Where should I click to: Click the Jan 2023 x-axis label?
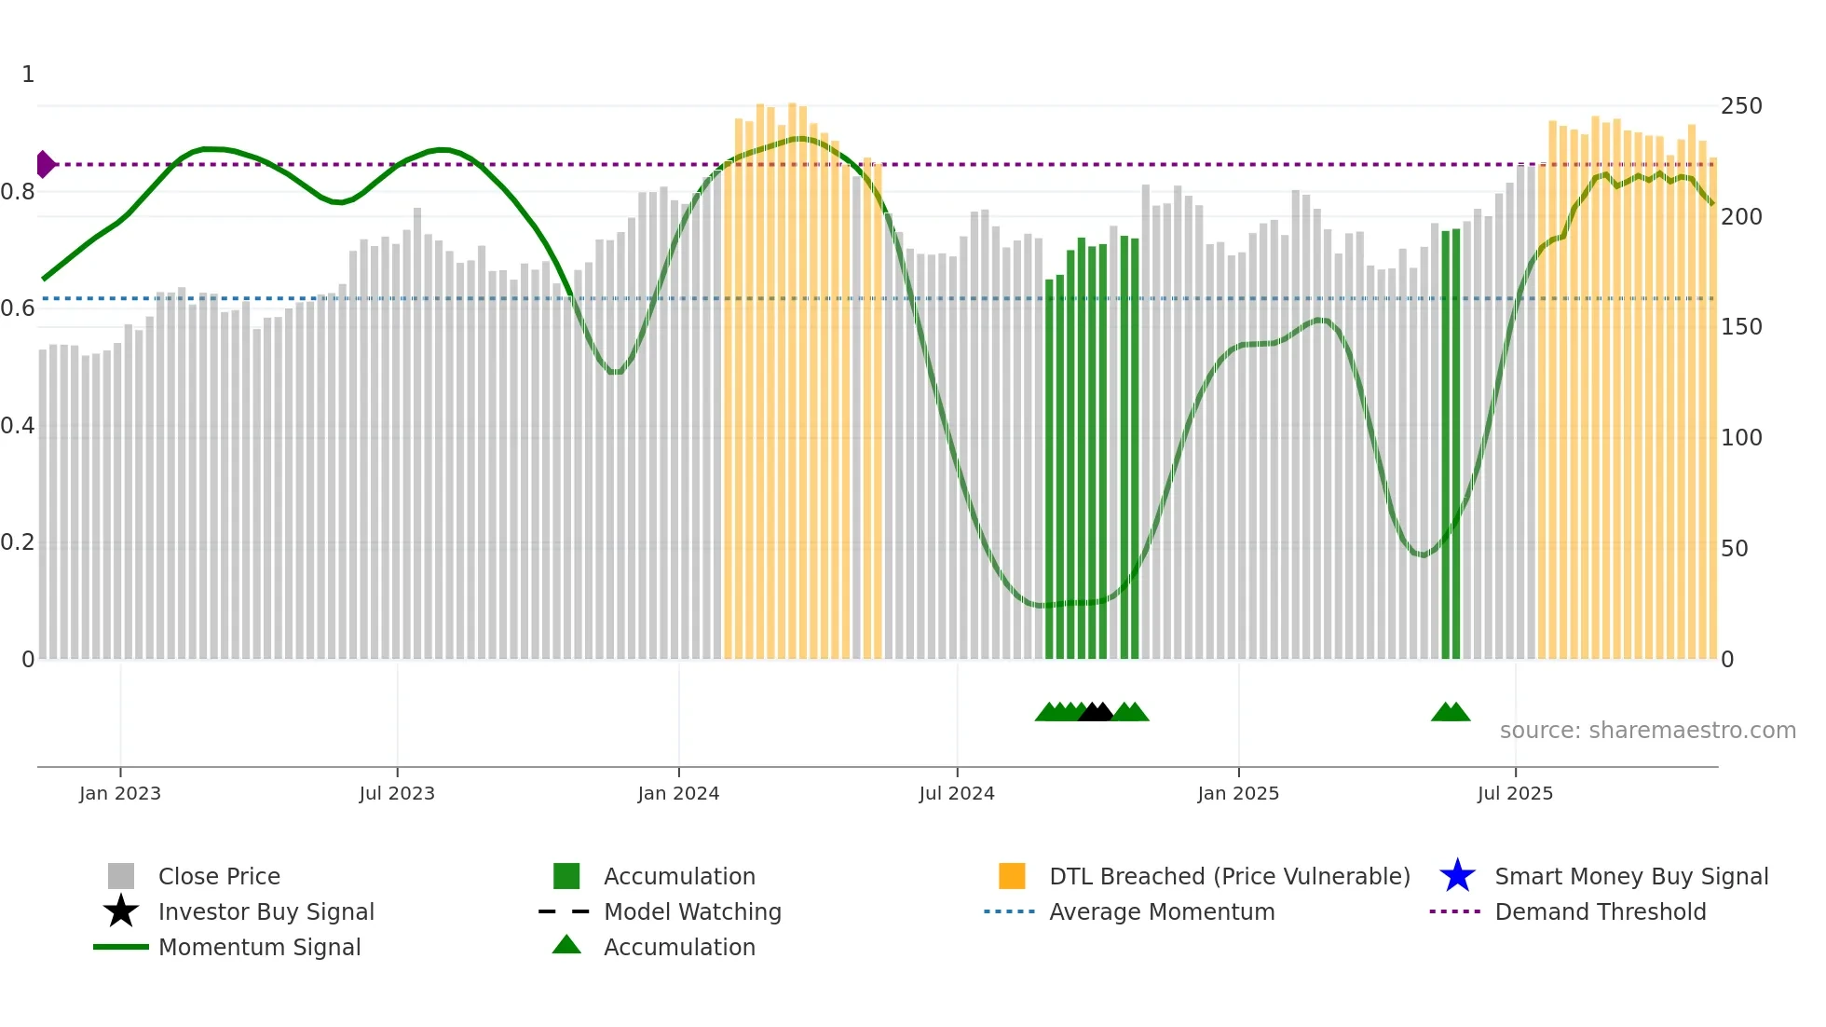[120, 793]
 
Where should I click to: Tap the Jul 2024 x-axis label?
[957, 793]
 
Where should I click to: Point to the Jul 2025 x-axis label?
[1515, 793]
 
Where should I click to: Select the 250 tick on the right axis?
[1741, 106]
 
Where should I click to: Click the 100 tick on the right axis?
[1741, 438]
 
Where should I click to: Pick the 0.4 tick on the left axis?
[18, 426]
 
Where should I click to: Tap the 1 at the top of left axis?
[28, 75]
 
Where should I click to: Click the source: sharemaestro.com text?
[1647, 731]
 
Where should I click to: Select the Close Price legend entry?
[219, 876]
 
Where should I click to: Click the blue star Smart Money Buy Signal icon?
[1457, 876]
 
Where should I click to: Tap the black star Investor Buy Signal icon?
[121, 911]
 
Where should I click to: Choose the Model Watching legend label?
[692, 911]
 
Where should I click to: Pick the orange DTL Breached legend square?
[1012, 876]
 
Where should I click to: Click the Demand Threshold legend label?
[1600, 911]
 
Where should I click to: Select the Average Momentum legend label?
[1162, 911]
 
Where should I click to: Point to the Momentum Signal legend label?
[259, 947]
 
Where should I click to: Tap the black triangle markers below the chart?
[1096, 713]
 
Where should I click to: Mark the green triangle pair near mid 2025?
[1451, 713]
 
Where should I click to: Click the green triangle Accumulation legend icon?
[566, 945]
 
